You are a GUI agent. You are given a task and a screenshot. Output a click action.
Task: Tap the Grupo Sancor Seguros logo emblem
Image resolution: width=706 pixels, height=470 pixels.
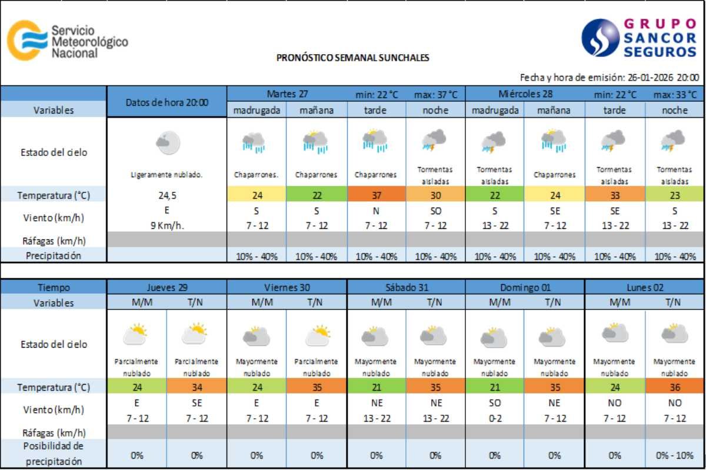(x=600, y=38)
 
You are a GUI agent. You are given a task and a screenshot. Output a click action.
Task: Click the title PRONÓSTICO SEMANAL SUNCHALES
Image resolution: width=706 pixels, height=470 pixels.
(x=352, y=58)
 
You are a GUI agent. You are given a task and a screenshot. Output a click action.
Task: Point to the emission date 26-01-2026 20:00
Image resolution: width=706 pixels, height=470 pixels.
(x=663, y=77)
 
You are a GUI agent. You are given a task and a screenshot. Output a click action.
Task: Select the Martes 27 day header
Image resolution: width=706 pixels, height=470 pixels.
(x=287, y=94)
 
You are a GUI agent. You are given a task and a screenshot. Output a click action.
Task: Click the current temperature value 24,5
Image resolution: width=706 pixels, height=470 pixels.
(x=167, y=195)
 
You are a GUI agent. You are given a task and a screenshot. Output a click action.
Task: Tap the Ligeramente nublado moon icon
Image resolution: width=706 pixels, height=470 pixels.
(x=167, y=142)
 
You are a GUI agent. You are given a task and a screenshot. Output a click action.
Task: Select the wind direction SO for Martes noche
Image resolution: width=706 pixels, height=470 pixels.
(x=436, y=210)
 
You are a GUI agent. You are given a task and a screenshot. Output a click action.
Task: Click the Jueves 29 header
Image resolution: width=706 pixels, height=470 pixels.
(x=167, y=288)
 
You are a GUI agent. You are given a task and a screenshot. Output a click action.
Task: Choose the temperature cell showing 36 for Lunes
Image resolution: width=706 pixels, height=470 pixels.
(x=674, y=387)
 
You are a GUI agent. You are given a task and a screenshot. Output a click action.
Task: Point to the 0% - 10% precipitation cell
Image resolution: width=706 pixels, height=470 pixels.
(x=674, y=455)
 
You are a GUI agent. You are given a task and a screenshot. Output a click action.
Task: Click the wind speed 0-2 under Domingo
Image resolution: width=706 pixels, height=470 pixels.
(x=495, y=418)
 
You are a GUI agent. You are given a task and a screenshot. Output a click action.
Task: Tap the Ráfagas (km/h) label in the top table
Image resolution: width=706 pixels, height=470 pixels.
(x=54, y=240)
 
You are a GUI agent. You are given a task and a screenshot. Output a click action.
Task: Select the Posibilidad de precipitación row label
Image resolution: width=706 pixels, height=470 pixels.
(x=54, y=454)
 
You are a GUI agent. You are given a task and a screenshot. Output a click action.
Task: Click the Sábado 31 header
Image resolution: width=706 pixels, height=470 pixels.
(x=407, y=288)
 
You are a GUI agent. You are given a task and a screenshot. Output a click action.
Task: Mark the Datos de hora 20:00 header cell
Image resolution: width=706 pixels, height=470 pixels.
(x=167, y=102)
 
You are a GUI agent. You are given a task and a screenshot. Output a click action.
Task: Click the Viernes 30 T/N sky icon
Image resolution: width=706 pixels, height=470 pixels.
(x=317, y=335)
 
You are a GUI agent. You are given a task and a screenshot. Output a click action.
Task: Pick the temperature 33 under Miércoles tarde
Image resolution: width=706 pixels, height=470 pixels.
(x=615, y=195)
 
